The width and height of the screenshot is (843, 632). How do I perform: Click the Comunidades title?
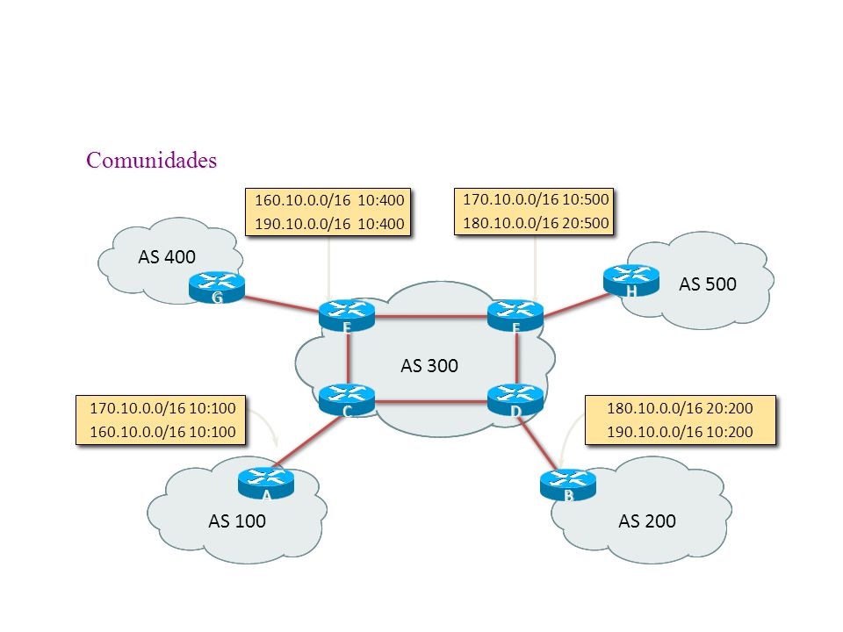(152, 160)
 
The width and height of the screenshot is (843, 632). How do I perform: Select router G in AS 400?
(217, 288)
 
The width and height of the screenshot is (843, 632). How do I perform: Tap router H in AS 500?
(631, 281)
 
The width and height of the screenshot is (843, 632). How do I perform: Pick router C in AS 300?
(347, 400)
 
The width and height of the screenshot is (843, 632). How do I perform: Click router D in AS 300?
(515, 400)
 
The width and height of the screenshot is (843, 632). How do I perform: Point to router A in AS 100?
(266, 484)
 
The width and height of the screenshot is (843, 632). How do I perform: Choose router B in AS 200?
(568, 485)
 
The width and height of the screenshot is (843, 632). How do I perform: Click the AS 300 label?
(429, 366)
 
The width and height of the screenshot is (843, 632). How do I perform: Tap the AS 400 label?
(167, 257)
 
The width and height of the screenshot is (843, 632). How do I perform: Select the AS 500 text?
(708, 284)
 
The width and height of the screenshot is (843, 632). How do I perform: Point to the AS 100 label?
(237, 521)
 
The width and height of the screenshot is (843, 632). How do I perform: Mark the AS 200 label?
(647, 521)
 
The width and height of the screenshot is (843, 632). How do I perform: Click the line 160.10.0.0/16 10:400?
(329, 200)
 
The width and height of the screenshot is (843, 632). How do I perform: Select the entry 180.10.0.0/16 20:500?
(536, 223)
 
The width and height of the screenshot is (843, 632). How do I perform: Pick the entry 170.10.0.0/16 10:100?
(163, 408)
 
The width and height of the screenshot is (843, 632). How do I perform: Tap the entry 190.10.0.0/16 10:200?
(680, 432)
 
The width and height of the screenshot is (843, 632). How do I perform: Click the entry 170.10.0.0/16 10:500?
(536, 199)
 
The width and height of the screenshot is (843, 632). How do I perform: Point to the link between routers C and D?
(431, 401)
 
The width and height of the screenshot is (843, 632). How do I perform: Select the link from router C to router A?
(308, 442)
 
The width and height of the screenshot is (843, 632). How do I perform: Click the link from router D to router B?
(537, 444)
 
